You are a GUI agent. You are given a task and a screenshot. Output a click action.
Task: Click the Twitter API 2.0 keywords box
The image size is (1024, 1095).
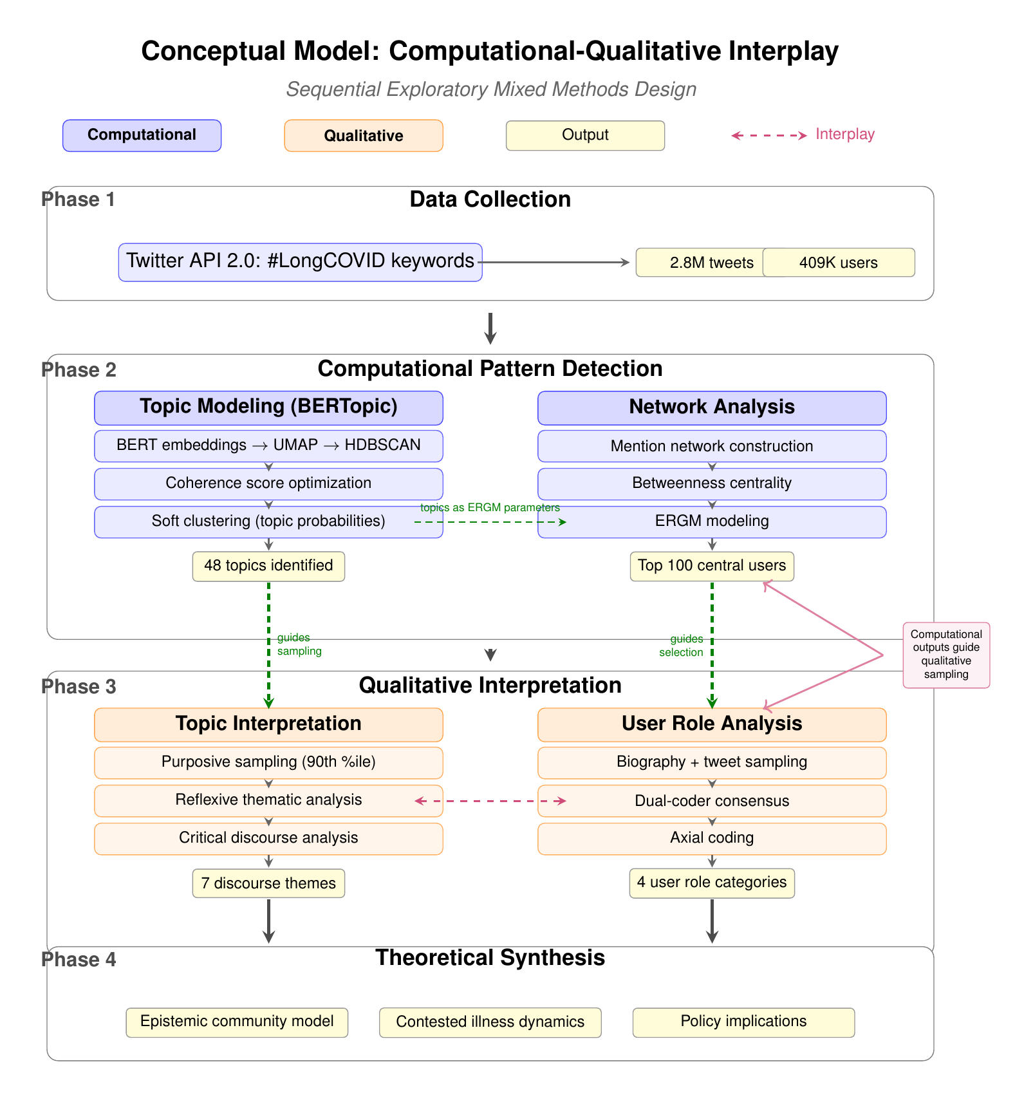(x=300, y=262)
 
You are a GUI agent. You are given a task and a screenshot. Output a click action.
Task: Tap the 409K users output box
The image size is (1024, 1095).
(x=838, y=263)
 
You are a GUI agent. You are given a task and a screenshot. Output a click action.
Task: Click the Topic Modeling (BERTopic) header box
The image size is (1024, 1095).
(x=268, y=407)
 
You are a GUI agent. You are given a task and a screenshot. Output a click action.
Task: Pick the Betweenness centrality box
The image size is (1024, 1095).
(x=712, y=483)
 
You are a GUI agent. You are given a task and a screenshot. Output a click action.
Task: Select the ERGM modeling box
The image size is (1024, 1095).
(x=712, y=521)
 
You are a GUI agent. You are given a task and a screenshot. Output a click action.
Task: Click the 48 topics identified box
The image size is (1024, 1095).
(x=268, y=566)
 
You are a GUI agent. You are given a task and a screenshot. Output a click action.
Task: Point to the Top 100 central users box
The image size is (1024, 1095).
(x=712, y=566)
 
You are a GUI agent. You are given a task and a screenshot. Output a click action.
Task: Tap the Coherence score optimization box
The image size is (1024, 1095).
(x=268, y=483)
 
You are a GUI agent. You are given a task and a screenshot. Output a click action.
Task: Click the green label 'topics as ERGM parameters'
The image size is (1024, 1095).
(x=490, y=507)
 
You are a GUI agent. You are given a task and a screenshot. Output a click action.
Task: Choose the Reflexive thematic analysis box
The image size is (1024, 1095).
(x=268, y=800)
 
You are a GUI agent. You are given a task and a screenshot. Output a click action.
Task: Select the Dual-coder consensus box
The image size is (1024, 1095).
(x=712, y=801)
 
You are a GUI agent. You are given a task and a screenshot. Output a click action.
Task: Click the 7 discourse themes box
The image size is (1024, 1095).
(x=268, y=883)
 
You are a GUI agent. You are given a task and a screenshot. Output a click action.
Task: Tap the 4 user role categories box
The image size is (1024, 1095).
(x=712, y=883)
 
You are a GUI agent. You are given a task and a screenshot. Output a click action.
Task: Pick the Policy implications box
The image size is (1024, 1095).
(x=743, y=1022)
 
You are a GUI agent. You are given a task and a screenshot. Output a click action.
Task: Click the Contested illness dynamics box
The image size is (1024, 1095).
(x=490, y=1022)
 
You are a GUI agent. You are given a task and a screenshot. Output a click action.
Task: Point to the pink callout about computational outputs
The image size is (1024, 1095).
(x=946, y=655)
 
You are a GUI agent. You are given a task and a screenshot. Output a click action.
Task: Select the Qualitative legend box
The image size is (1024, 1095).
(x=364, y=136)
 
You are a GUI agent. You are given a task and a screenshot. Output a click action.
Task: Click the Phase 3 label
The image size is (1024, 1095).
(x=79, y=687)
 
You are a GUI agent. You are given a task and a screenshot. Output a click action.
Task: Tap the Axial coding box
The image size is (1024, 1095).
(x=712, y=838)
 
